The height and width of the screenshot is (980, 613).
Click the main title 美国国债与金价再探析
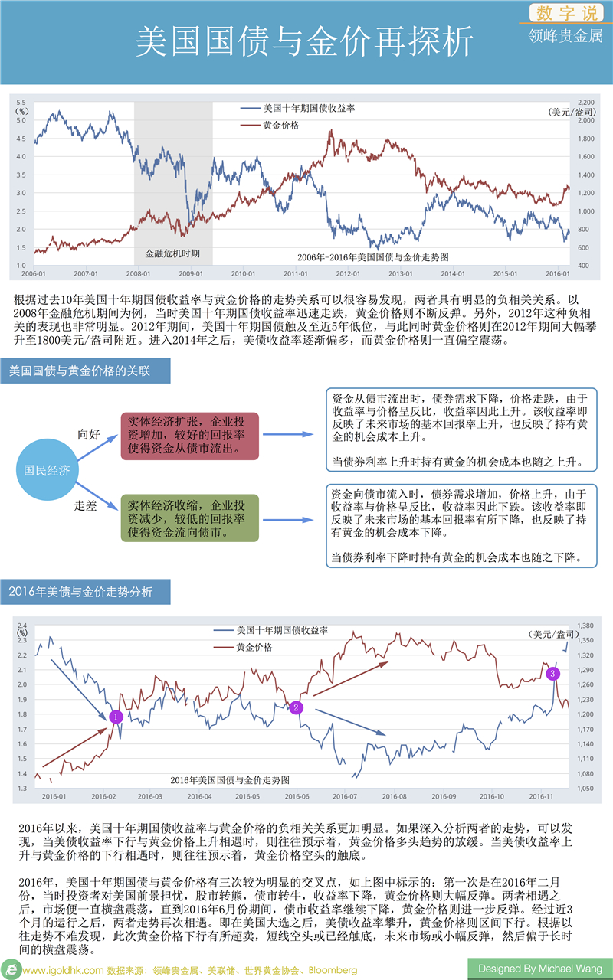(305, 44)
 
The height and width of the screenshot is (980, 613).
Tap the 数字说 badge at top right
(565, 13)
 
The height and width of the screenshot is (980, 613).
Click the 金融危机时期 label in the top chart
(172, 252)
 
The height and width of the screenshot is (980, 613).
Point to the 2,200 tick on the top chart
(585, 102)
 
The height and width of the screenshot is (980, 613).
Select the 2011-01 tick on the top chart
(295, 273)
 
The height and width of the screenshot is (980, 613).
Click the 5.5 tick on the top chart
(21, 102)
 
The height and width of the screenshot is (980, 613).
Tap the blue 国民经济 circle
(48, 469)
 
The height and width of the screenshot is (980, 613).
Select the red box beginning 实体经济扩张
(189, 436)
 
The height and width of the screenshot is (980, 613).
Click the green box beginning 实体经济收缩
(189, 518)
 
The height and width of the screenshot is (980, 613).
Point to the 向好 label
(89, 434)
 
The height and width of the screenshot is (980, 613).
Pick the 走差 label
(85, 506)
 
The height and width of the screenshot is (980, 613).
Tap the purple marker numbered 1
(116, 717)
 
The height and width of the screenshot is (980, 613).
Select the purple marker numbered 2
(296, 707)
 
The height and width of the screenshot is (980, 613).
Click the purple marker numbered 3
(553, 673)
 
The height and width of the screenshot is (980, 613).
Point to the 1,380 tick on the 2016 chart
(585, 626)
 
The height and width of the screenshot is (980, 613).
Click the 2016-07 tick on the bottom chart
(345, 796)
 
